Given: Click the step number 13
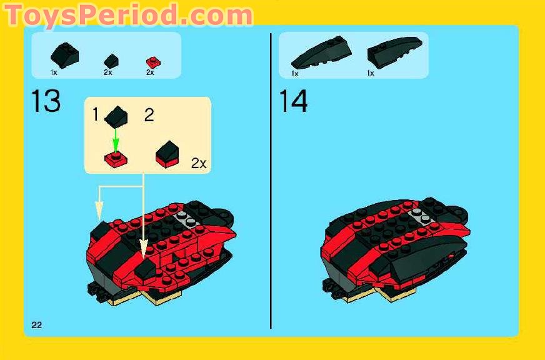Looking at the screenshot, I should click(46, 101).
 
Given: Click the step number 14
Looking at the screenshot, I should click(293, 101).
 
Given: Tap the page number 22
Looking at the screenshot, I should click(36, 324).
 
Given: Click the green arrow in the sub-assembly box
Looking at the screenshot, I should click(115, 139).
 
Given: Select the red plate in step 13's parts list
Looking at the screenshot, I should click(150, 61).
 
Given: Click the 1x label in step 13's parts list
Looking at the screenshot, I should click(54, 72).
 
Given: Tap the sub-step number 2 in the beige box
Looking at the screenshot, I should click(149, 116).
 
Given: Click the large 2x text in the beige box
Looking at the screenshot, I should click(199, 164).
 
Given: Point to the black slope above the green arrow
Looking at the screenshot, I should click(116, 116).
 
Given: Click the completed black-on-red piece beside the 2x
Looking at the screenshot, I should click(167, 153).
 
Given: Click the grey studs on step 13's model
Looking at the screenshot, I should click(184, 218).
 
